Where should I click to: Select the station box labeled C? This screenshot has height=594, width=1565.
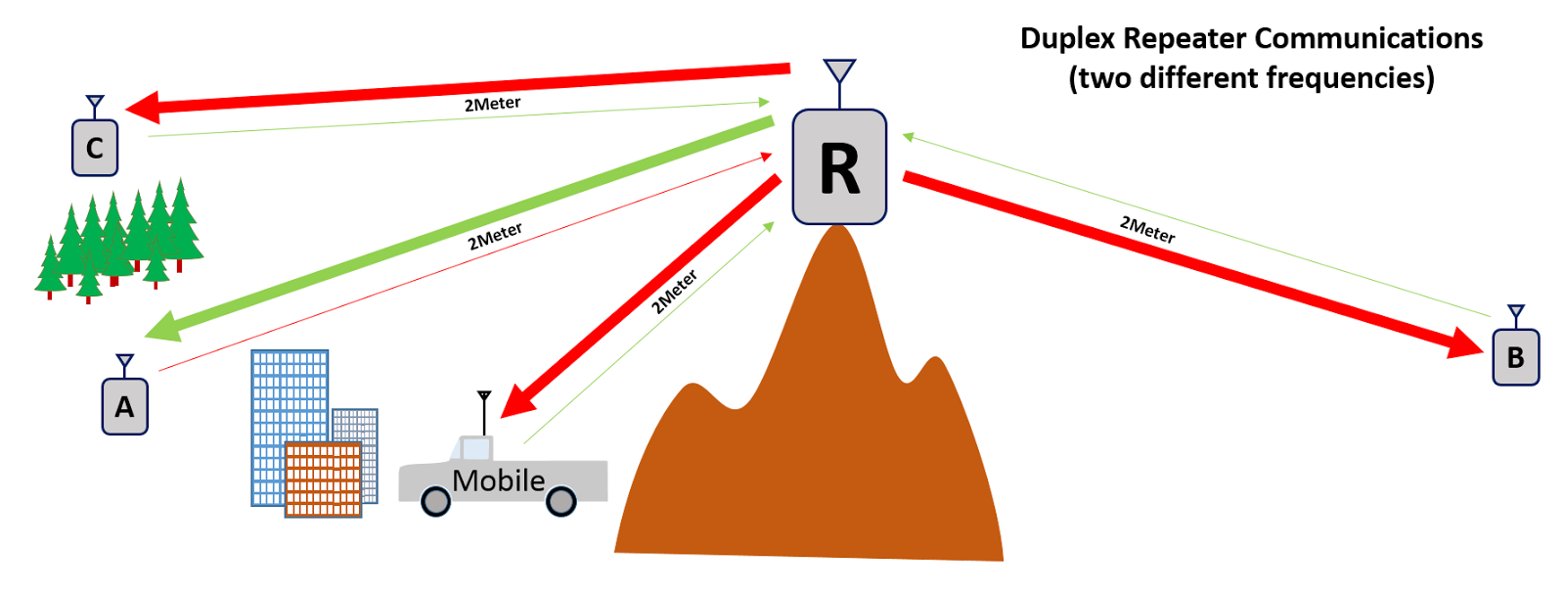point(95,148)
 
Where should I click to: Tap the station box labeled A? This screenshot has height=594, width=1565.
point(124,406)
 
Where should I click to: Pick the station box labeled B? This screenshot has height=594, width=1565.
point(1515,357)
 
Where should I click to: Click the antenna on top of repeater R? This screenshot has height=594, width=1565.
point(839,73)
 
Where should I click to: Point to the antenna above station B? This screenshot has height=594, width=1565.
point(1515,315)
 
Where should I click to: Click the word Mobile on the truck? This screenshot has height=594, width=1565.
point(498,480)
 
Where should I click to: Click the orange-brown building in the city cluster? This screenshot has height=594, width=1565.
point(323,480)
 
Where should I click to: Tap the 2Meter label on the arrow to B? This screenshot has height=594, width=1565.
point(1147,230)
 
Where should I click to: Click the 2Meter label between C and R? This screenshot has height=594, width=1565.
point(492,104)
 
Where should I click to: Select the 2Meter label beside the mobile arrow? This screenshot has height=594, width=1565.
point(675,291)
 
